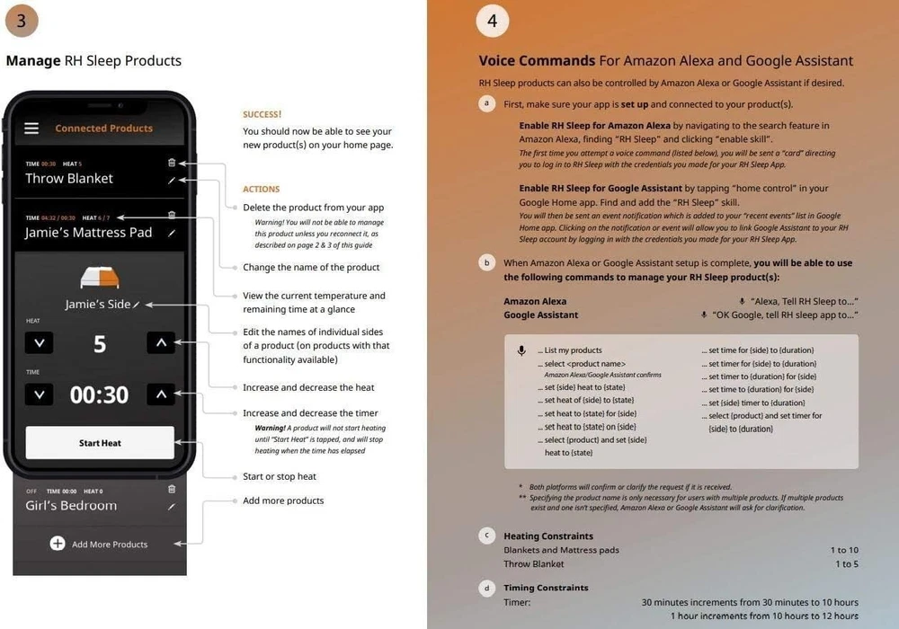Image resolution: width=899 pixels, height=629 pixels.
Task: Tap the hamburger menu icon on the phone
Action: pyautogui.click(x=31, y=128)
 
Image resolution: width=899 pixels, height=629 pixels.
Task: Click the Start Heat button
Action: pyautogui.click(x=99, y=443)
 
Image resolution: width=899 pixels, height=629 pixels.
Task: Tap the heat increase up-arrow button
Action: pyautogui.click(x=161, y=342)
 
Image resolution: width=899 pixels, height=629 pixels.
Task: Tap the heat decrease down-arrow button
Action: pyautogui.click(x=39, y=342)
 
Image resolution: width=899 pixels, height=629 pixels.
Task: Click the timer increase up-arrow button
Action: pyautogui.click(x=161, y=394)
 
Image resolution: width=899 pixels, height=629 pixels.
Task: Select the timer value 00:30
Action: pyautogui.click(x=99, y=394)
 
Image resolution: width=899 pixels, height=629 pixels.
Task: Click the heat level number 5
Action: pyautogui.click(x=100, y=343)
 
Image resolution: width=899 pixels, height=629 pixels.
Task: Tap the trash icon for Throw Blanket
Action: pyautogui.click(x=172, y=163)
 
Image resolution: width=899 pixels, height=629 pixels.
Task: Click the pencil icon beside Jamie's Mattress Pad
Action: pyautogui.click(x=172, y=233)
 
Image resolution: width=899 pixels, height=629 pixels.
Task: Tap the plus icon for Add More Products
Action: pyautogui.click(x=58, y=544)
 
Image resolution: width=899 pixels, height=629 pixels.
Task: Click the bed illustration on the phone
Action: pyautogui.click(x=100, y=277)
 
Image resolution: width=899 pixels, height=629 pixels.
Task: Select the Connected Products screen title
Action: pyautogui.click(x=103, y=128)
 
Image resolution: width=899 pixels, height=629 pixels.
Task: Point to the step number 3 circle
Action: pyautogui.click(x=22, y=20)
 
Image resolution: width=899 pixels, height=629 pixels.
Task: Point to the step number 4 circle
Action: pyautogui.click(x=492, y=20)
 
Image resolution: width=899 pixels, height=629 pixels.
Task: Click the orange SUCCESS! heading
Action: pyautogui.click(x=262, y=114)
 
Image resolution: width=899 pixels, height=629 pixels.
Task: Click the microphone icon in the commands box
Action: pyautogui.click(x=521, y=351)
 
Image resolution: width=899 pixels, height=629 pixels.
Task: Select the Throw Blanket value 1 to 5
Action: pyautogui.click(x=847, y=564)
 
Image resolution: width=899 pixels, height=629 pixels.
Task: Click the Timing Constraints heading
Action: pyautogui.click(x=546, y=588)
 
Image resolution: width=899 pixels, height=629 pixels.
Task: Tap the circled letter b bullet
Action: pyautogui.click(x=487, y=262)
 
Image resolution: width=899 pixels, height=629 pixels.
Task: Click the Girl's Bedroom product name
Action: pyautogui.click(x=71, y=506)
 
